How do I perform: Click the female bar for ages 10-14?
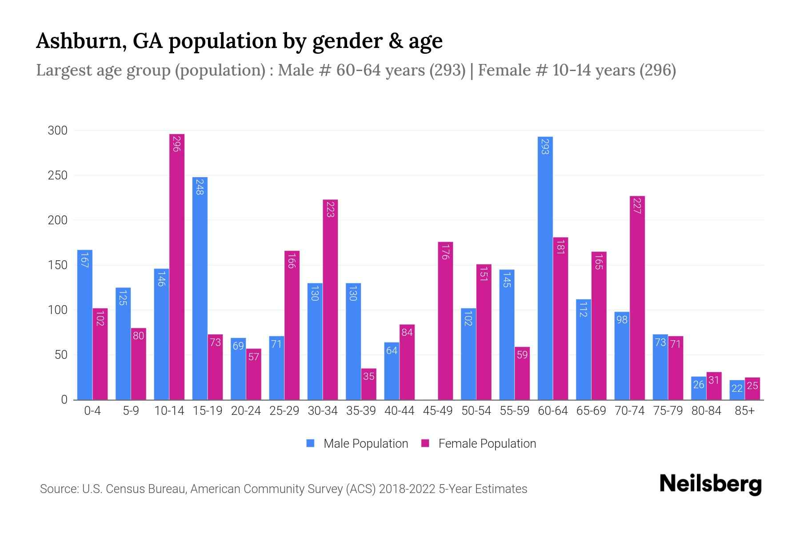[177, 266]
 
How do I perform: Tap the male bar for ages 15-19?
[200, 289]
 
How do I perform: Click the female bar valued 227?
[637, 298]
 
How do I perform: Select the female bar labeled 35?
[368, 384]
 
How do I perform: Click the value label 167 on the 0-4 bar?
[84, 260]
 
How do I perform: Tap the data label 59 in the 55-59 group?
[522, 355]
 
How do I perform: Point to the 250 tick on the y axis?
[58, 175]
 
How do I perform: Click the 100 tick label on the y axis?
[58, 310]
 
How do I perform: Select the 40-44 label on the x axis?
[399, 411]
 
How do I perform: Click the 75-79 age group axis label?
[668, 411]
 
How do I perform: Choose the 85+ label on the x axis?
[744, 411]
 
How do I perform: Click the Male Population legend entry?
[365, 444]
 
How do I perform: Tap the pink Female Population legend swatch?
[425, 443]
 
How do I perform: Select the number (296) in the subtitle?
[657, 70]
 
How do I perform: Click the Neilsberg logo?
[710, 484]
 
